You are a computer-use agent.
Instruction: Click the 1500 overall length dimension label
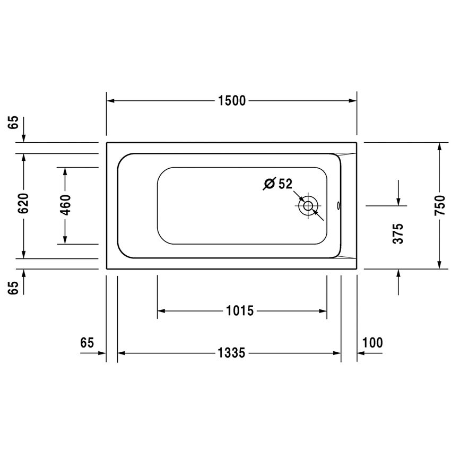231,100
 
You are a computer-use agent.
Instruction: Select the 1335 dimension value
231,353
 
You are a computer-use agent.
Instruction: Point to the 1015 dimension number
240,310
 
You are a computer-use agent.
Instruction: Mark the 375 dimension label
398,233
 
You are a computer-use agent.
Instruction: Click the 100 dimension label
372,342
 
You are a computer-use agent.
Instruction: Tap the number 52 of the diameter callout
285,184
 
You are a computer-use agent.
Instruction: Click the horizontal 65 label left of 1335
88,342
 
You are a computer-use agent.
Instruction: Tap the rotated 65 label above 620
13,123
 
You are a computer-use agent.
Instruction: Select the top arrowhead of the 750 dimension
439,147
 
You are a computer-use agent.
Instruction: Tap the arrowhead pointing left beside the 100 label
361,353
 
